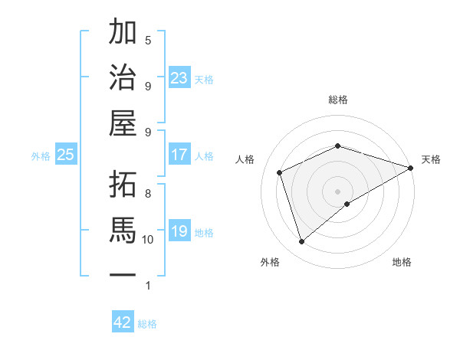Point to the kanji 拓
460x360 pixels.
point(123,184)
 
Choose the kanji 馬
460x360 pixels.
point(123,230)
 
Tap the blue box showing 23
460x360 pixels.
point(179,77)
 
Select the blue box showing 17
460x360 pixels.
point(179,155)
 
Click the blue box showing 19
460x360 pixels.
point(179,231)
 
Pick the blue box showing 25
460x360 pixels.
point(66,155)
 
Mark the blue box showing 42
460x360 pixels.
point(123,322)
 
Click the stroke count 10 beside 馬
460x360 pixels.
point(148,240)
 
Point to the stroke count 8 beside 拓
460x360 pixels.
point(148,193)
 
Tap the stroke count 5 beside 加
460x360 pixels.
point(148,41)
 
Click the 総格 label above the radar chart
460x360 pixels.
point(338,100)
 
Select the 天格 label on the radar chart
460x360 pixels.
point(431,159)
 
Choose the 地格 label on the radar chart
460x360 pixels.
point(402,262)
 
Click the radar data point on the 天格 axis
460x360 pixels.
point(412,169)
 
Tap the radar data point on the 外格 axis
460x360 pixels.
point(301,242)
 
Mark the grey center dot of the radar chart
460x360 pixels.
point(338,191)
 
